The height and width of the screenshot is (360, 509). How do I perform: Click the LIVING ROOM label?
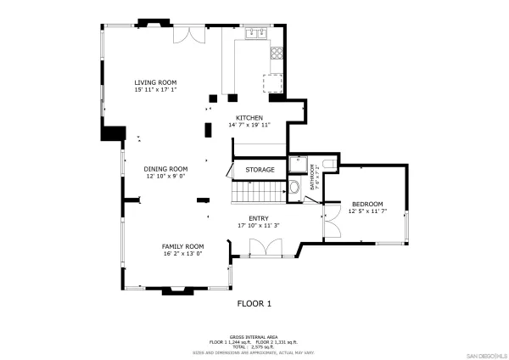155,82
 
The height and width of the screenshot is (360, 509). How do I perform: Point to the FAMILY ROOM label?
183,245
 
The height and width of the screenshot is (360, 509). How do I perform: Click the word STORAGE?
260,170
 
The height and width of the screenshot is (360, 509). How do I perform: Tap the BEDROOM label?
367,204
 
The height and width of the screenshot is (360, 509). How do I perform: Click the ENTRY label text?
259,218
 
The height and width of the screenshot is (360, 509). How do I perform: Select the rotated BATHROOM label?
311,176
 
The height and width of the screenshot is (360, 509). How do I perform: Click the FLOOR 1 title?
253,303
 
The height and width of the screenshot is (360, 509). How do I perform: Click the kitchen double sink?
255,35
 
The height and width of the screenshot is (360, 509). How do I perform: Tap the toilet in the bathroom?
294,188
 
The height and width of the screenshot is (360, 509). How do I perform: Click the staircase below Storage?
258,194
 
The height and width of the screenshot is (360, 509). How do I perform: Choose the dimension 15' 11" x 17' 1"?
155,90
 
